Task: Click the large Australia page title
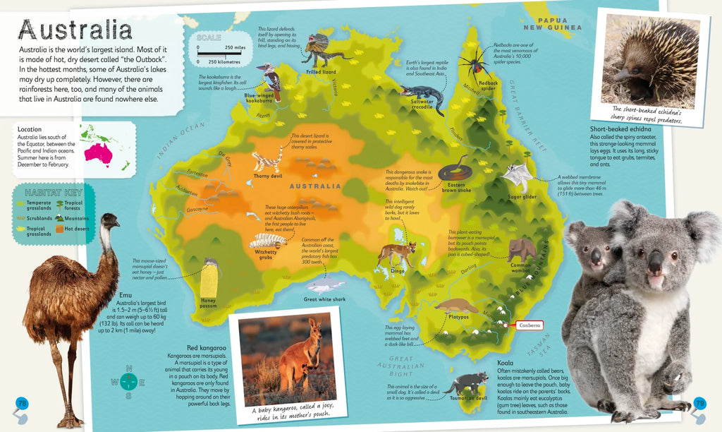(x=76, y=30)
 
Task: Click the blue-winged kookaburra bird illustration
(x=270, y=79)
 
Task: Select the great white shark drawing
(x=324, y=286)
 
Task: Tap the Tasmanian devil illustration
(x=465, y=383)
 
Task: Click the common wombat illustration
(x=521, y=248)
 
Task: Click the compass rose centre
(x=128, y=383)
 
